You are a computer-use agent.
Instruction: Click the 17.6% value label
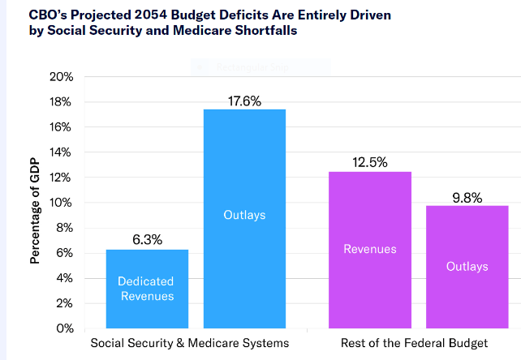pos(244,101)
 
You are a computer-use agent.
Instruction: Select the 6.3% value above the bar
pos(147,240)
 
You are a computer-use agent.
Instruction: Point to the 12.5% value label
pos(370,162)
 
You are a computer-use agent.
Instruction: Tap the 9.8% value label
pos(467,196)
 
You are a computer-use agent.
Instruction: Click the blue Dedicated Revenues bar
pos(147,289)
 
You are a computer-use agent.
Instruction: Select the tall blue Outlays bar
pos(244,219)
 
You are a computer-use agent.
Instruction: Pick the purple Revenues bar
pos(370,250)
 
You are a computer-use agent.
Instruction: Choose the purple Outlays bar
pos(467,267)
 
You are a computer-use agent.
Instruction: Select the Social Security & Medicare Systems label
pos(189,343)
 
